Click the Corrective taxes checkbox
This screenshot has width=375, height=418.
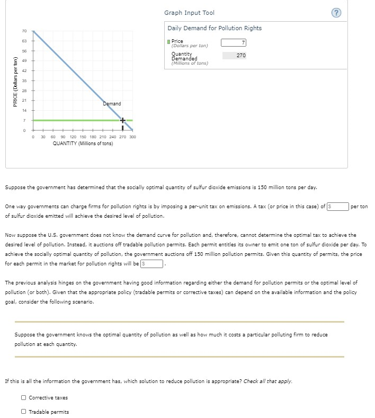click(24, 398)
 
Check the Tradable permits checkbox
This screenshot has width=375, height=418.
click(24, 412)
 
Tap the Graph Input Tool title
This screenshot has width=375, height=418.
click(189, 13)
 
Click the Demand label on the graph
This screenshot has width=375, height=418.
click(112, 104)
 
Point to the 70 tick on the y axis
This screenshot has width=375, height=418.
click(24, 31)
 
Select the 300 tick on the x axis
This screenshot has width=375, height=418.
click(132, 137)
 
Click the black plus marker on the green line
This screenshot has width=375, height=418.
click(123, 121)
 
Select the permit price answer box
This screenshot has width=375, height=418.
click(152, 263)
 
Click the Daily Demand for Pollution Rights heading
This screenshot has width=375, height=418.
click(215, 28)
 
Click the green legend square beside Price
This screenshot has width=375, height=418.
click(169, 41)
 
